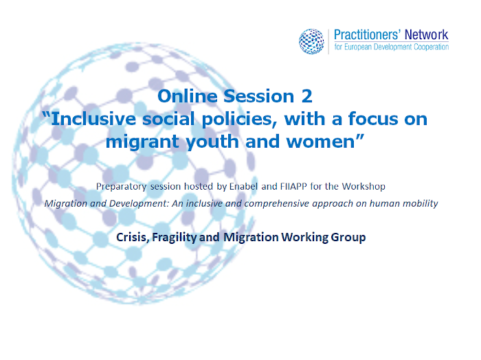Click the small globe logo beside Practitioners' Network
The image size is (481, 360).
[311, 41]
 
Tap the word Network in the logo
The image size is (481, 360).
[427, 34]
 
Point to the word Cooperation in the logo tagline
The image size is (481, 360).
[432, 47]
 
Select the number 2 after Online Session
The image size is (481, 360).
[306, 96]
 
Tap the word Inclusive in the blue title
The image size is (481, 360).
[93, 119]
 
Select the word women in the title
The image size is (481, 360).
[320, 142]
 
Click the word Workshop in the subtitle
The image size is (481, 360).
[363, 187]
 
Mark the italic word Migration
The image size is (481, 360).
[66, 204]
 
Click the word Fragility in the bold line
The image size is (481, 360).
[175, 237]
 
